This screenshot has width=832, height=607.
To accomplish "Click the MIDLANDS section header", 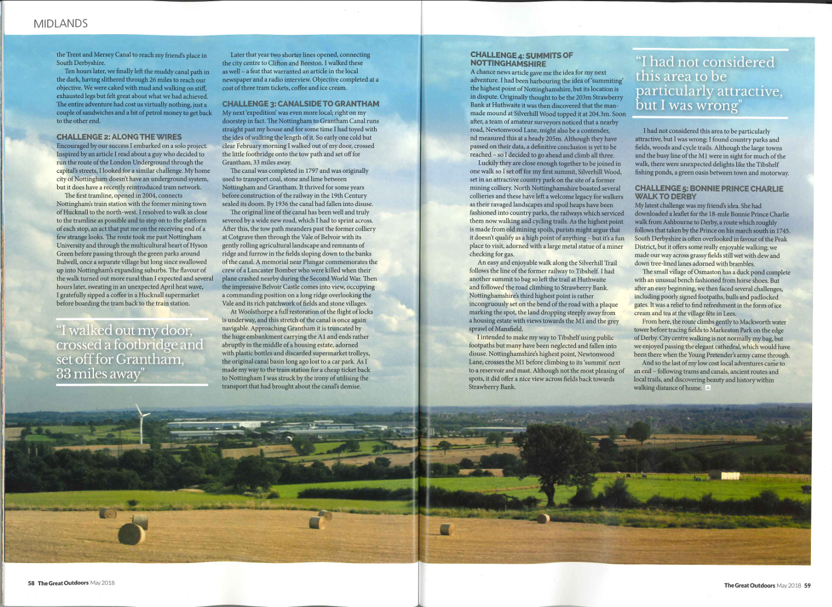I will (60, 23).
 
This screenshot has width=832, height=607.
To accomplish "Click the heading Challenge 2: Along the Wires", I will (119, 137).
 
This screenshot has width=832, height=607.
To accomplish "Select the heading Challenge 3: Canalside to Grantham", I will (300, 104).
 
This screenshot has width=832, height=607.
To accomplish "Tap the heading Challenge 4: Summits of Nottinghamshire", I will (521, 59).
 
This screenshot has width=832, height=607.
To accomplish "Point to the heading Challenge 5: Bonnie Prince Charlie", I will (709, 192).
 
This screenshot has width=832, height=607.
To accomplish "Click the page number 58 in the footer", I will (31, 583).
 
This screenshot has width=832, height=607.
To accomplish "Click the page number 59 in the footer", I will (807, 585).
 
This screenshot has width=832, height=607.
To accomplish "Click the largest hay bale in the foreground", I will (131, 534).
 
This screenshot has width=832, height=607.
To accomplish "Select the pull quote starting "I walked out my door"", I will (130, 352).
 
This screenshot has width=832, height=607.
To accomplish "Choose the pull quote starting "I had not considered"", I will (709, 84).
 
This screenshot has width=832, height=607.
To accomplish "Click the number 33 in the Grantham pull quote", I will (64, 374).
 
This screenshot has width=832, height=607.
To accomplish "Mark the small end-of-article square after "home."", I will (708, 388).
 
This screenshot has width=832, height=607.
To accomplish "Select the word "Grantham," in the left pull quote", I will (150, 359).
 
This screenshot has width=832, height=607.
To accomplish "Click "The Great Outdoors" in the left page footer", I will (63, 583).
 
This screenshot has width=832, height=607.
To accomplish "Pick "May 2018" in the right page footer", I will (789, 585).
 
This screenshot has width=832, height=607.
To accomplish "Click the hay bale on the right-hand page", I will (543, 519).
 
